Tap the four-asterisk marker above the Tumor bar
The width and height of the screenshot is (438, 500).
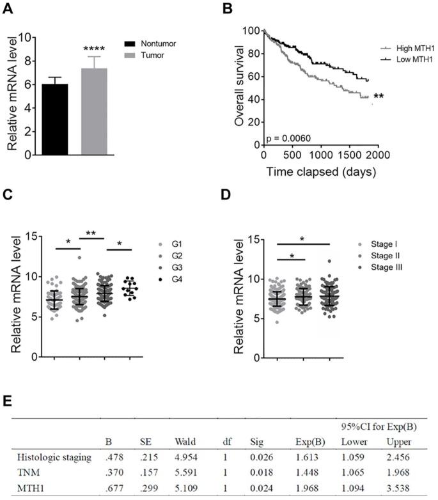(94, 49)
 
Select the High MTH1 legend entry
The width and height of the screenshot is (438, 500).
(400, 47)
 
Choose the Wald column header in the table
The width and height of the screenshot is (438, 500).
(184, 441)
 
